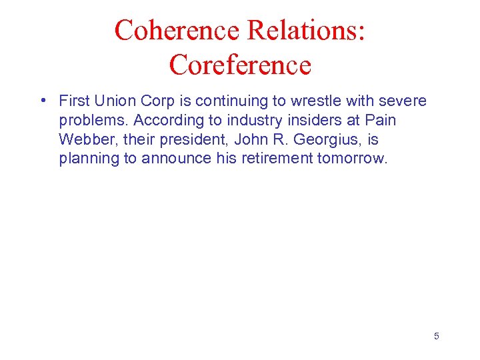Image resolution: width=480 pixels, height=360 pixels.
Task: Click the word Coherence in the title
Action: pyautogui.click(x=177, y=30)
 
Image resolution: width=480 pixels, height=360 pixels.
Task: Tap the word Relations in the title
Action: pyautogui.click(x=307, y=30)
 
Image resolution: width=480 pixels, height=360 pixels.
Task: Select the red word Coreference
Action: pyautogui.click(x=240, y=65)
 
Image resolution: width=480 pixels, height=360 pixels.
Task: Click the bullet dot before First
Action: pyautogui.click(x=43, y=101)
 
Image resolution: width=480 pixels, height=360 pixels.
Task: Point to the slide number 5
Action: pyautogui.click(x=437, y=336)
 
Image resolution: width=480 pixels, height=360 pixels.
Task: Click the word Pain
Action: pyautogui.click(x=381, y=121)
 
